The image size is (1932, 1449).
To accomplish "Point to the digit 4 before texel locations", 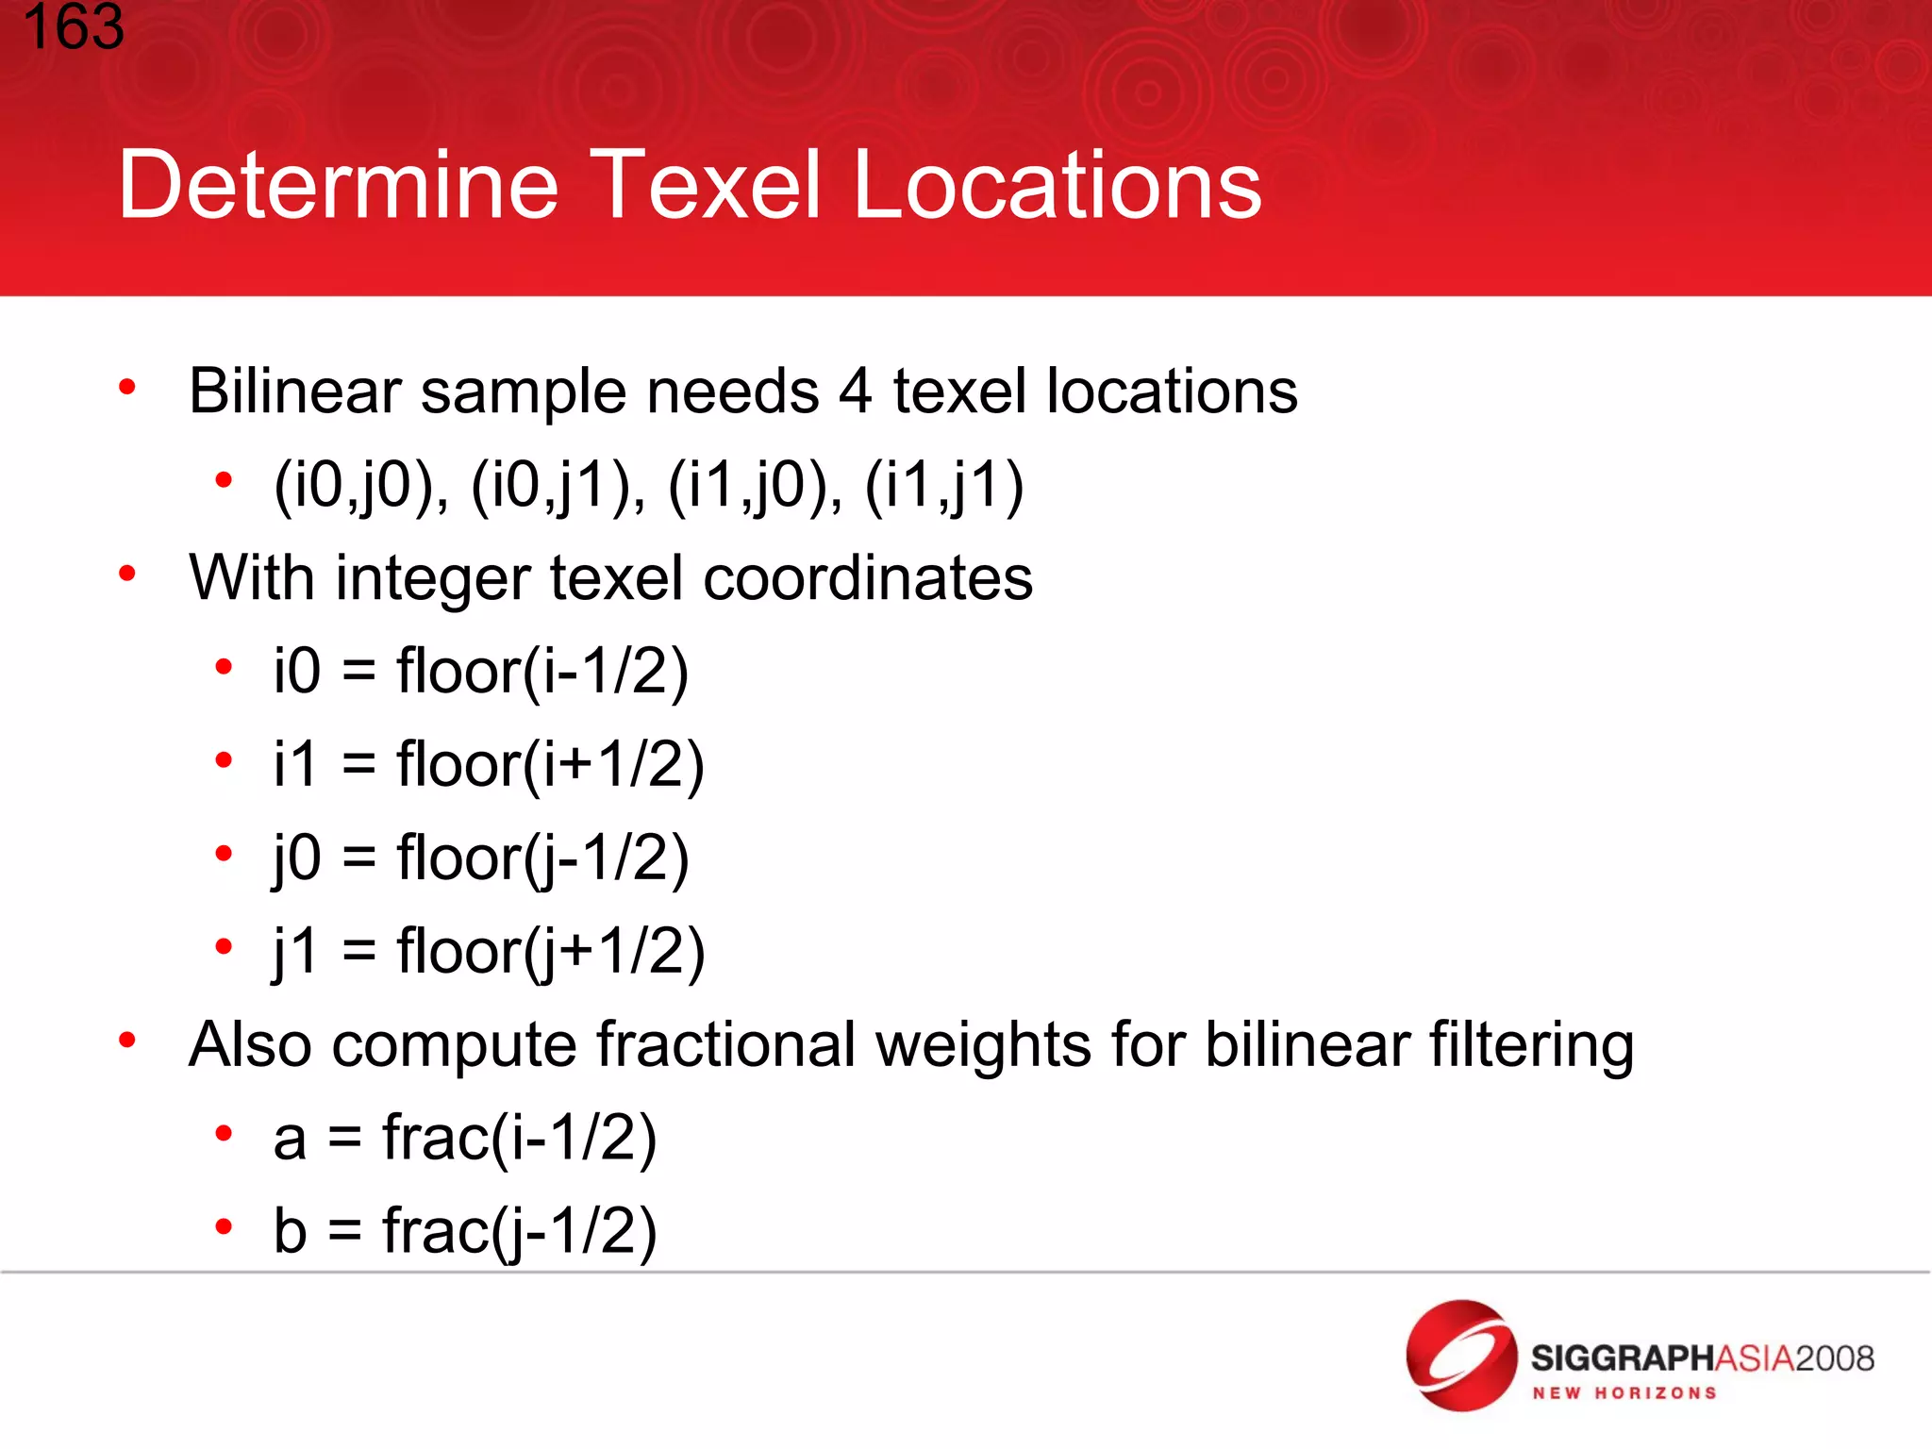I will coord(855,391).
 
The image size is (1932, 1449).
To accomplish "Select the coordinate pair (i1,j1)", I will coord(944,486).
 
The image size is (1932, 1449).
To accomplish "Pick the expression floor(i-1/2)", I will coord(542,672).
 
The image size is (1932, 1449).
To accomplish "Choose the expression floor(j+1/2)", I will coord(551,951).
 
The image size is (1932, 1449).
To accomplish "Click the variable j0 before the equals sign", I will coord(296,858).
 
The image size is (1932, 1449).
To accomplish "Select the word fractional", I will coord(725,1044).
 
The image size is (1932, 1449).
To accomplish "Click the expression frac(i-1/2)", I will coord(519,1138).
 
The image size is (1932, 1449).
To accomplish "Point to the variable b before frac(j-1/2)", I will coord(291,1230).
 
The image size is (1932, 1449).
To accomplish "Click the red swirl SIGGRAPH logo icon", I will coord(1460,1355).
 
